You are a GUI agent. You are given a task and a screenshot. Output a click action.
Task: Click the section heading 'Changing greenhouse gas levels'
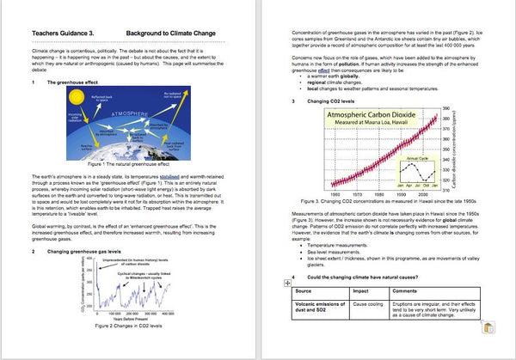pyautogui.click(x=88, y=251)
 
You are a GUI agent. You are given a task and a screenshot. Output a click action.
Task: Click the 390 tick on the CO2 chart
pyautogui.click(x=445, y=108)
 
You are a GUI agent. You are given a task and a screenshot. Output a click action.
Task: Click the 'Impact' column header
pyautogui.click(x=362, y=291)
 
